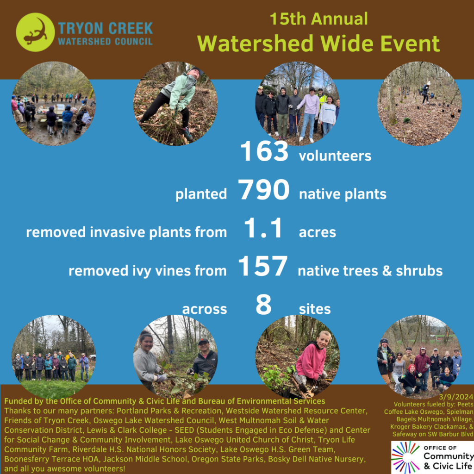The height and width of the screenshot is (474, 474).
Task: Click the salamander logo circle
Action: click(x=35, y=32)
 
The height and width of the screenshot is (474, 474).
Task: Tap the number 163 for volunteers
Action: click(x=264, y=151)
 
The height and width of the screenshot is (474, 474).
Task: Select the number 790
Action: click(x=263, y=189)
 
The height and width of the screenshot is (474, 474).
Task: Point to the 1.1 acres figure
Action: click(x=263, y=228)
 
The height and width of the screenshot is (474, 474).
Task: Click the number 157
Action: click(x=263, y=266)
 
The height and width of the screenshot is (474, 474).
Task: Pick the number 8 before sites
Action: click(x=263, y=305)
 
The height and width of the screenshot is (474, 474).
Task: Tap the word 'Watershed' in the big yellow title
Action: click(x=256, y=44)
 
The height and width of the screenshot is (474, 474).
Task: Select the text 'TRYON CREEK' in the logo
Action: click(x=106, y=28)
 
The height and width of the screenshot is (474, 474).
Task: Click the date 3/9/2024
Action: click(x=456, y=397)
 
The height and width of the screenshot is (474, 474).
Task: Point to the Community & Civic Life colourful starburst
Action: click(x=405, y=457)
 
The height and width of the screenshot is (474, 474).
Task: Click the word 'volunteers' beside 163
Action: click(x=335, y=156)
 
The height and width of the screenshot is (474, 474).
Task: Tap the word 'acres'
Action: click(x=318, y=232)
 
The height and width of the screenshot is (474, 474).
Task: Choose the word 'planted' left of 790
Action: click(x=201, y=194)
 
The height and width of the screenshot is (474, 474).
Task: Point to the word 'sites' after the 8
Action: click(x=315, y=309)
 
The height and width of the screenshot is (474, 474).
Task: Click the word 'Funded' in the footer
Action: click(x=16, y=401)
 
